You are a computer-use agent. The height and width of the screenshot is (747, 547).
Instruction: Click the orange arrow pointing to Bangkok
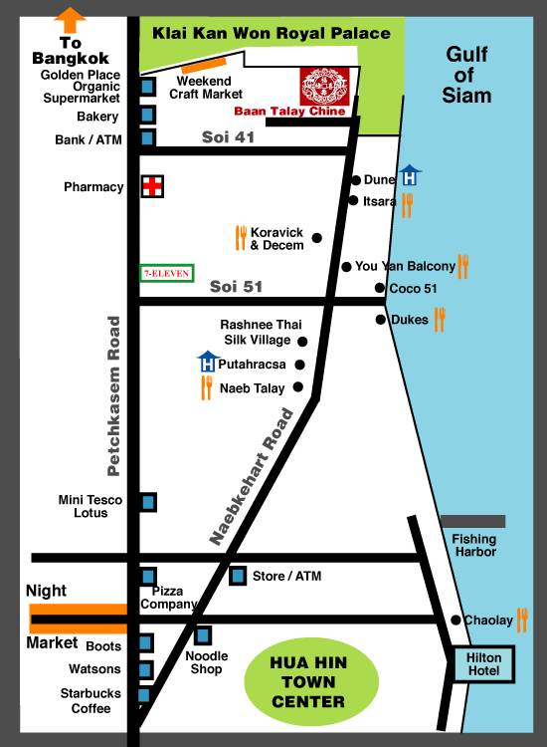coord(71,20)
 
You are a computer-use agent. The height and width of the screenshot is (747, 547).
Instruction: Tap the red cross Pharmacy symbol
coord(151,187)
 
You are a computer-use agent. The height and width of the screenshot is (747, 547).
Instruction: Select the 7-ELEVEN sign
coord(166,272)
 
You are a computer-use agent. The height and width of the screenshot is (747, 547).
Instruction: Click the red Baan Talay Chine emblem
coord(322,86)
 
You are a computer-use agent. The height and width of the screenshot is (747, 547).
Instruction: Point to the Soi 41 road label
coord(228,137)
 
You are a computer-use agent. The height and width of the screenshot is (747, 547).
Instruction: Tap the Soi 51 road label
coord(236,287)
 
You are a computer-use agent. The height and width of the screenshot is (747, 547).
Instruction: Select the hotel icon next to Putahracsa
coord(207,362)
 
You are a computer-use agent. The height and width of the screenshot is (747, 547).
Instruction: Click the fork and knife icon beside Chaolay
coord(522,619)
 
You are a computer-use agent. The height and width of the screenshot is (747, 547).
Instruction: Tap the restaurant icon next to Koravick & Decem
coord(240,237)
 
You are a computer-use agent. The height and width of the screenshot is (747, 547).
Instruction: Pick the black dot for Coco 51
coord(380,289)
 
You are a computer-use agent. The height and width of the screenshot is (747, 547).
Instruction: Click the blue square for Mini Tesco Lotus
coord(147,503)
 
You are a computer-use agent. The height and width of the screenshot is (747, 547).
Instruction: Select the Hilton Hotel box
coord(484,664)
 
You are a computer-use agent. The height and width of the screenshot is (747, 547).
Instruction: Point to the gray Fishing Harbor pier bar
coord(472,521)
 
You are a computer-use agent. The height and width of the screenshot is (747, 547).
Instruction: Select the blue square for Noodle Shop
coord(203,634)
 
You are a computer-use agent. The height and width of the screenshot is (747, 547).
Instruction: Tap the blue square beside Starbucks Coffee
coord(144,695)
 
